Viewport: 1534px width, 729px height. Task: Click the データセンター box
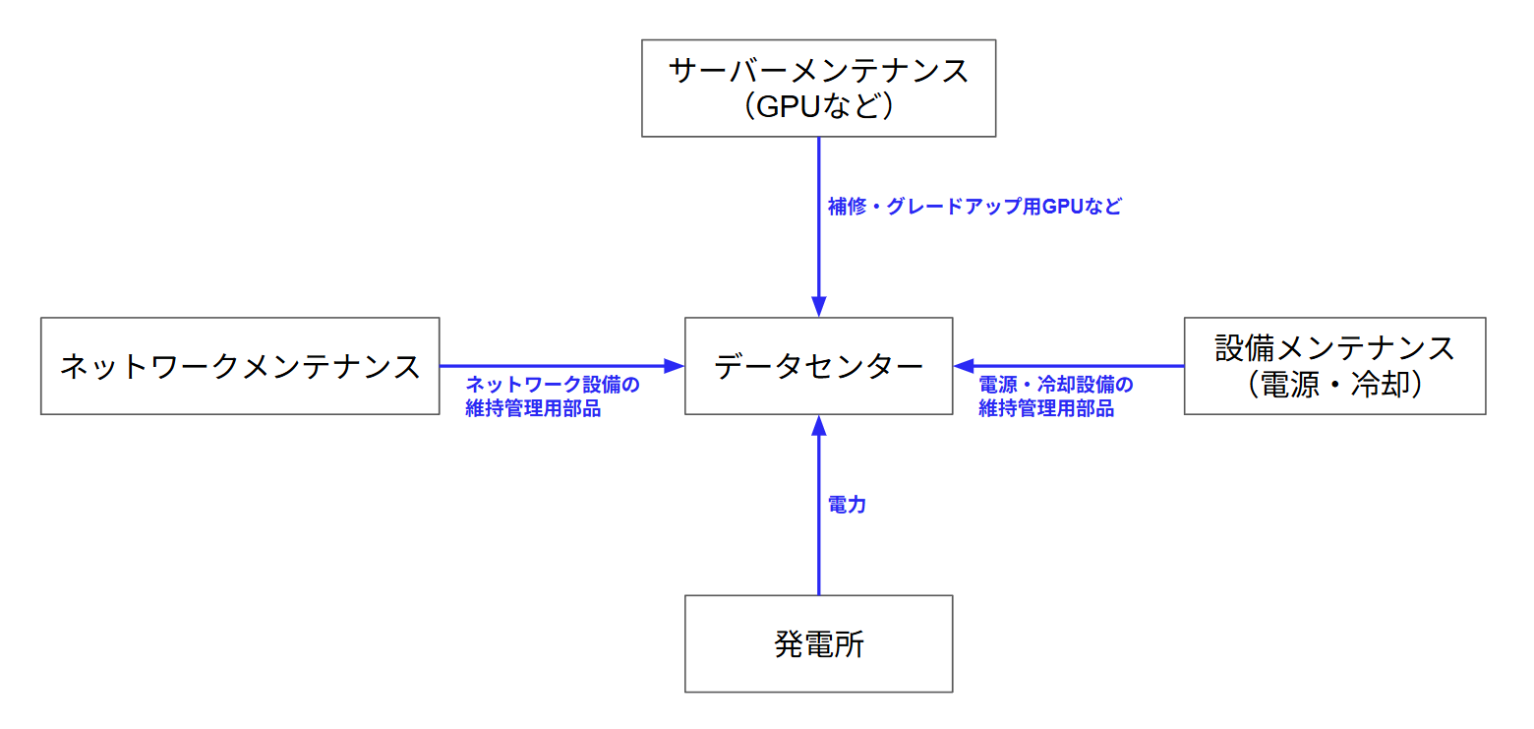[x=818, y=366]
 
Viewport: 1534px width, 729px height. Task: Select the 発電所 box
[x=818, y=644]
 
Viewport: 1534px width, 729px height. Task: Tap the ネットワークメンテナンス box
[x=240, y=366]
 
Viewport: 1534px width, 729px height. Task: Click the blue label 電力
[x=847, y=506]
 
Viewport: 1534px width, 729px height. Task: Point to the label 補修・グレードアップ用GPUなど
[x=974, y=208]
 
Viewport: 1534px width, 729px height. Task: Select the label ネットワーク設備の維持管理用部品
[x=552, y=396]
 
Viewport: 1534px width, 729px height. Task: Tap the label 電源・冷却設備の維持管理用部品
[x=1055, y=396]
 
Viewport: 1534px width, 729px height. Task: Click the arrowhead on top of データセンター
[x=818, y=307]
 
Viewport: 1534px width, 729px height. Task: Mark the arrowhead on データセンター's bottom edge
[x=818, y=425]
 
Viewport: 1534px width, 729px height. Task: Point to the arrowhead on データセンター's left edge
[x=674, y=366]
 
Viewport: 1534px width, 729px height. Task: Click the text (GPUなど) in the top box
[x=818, y=105]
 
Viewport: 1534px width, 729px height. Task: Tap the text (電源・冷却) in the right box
[x=1334, y=386]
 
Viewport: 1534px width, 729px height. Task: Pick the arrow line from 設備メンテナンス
[x=1082, y=366]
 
